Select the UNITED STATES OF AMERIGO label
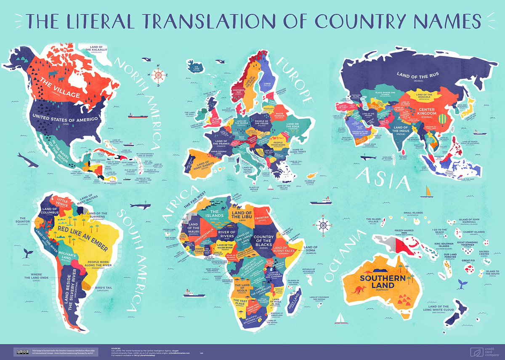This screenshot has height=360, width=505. pyautogui.click(x=66, y=119)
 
